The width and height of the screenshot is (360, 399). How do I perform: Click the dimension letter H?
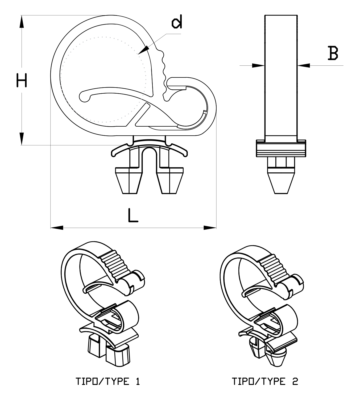pyautogui.click(x=22, y=81)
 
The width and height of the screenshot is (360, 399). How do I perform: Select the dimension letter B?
pyautogui.click(x=333, y=53)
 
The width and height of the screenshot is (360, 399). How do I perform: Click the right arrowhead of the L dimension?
pyautogui.click(x=210, y=227)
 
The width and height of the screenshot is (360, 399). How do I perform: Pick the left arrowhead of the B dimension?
pyautogui.click(x=258, y=65)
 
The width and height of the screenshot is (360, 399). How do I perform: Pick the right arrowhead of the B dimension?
pyautogui.click(x=304, y=65)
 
